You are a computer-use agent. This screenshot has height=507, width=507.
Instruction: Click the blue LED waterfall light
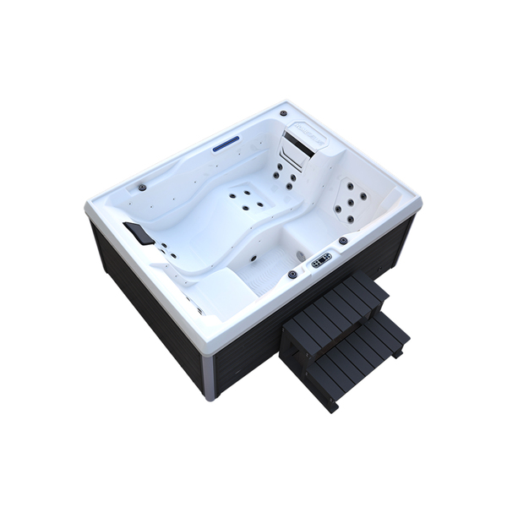(x=226, y=144)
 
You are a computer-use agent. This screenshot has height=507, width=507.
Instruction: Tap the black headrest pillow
(x=139, y=232)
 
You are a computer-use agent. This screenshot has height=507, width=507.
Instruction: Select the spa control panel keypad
(x=321, y=260)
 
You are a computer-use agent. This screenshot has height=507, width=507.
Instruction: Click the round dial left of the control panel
(x=292, y=275)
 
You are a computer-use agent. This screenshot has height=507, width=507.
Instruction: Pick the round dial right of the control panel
(x=343, y=241)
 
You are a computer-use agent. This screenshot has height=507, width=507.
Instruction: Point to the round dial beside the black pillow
(x=142, y=187)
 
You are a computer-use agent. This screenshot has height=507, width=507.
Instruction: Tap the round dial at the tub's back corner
(x=284, y=112)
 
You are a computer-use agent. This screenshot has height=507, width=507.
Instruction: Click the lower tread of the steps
(x=359, y=348)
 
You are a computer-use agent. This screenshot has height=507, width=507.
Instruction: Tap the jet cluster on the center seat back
(x=246, y=199)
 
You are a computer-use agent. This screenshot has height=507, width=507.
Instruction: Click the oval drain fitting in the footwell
(x=303, y=252)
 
